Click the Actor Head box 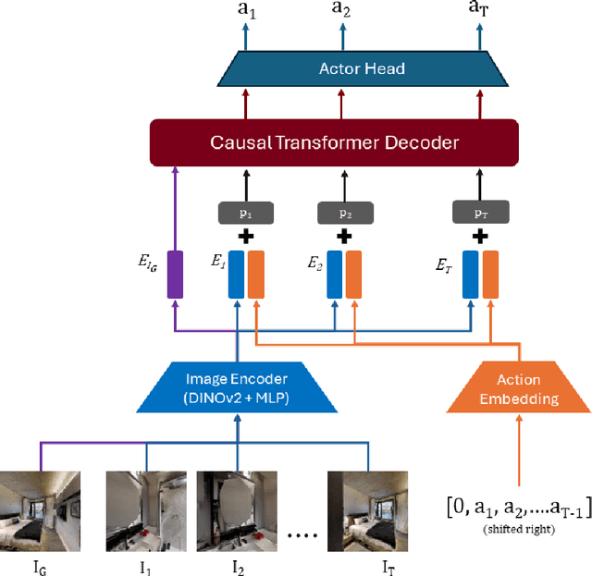tap(362, 68)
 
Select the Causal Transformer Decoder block tap(333, 142)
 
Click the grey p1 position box tap(245, 213)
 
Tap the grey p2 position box tap(343, 213)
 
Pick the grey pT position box tap(479, 213)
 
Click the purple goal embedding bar tap(175, 274)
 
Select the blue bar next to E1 tap(237, 274)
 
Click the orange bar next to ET tap(489, 274)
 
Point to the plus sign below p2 tap(343, 237)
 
